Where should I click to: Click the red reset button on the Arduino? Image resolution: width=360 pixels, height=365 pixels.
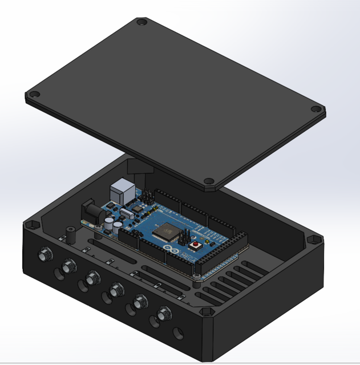click(196, 245)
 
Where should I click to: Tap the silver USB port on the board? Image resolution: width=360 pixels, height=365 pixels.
click(122, 190)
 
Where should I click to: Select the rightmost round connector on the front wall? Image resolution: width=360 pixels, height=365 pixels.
click(164, 313)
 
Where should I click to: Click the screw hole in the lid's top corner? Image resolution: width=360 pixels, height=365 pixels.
click(141, 23)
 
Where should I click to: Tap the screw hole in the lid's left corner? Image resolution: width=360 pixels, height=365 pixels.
click(34, 94)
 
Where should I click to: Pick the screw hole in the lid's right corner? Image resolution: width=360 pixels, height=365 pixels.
click(315, 109)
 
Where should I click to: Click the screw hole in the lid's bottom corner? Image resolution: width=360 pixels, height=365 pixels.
click(209, 183)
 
